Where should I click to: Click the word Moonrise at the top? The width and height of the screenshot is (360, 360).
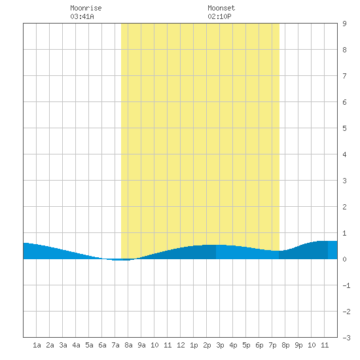(86, 8)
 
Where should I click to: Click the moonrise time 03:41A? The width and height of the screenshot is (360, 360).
(82, 16)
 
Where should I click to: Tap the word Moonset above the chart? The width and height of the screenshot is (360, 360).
(221, 8)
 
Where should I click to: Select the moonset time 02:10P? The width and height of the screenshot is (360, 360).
(219, 16)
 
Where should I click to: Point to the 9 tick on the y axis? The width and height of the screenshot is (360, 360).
(344, 24)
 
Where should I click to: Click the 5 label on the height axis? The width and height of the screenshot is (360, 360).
(344, 128)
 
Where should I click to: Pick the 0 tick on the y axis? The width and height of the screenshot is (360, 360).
(344, 259)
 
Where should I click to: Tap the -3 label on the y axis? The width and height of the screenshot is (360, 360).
(346, 338)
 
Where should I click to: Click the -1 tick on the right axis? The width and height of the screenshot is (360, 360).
(346, 285)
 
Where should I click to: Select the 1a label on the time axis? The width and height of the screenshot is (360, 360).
(37, 345)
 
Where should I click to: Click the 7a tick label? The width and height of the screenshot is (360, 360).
(115, 345)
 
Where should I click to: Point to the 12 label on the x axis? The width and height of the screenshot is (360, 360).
(181, 345)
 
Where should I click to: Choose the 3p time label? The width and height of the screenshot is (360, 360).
(220, 345)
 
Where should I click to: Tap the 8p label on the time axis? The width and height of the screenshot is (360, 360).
(285, 345)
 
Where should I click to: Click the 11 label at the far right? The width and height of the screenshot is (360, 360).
(325, 345)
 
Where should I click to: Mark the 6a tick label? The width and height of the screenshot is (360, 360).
(102, 345)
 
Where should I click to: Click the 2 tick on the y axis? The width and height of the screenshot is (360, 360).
(344, 207)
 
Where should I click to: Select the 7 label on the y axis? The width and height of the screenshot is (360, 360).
(344, 76)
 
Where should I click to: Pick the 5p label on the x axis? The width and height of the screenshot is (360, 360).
(246, 345)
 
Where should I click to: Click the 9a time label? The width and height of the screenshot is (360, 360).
(141, 345)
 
